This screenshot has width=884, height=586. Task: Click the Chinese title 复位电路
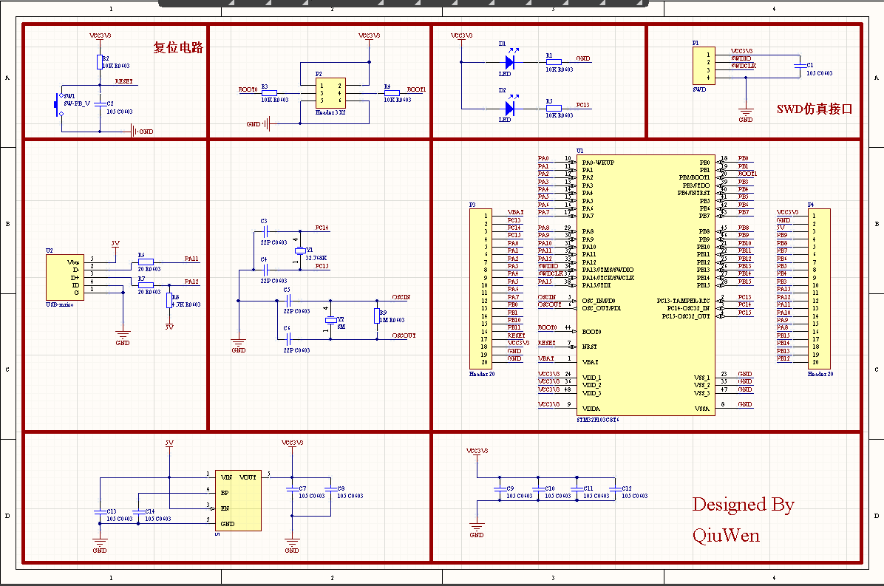[x=178, y=48]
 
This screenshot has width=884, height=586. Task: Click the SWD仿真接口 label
[x=815, y=109]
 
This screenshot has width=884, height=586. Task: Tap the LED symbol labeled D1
[x=509, y=63]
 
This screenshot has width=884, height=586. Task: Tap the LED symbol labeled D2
[x=509, y=109]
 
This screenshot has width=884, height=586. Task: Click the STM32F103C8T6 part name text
[x=597, y=419]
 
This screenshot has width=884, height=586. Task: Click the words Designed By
[x=743, y=505]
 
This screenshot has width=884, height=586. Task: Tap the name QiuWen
[x=726, y=535]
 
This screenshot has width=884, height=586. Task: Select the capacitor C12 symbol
[x=613, y=489]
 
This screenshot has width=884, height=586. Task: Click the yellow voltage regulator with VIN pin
[x=239, y=500]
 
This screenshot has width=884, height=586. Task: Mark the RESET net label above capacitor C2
[x=123, y=81]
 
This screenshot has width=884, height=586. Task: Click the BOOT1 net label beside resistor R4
[x=416, y=89]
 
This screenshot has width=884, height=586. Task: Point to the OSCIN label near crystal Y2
[x=401, y=297]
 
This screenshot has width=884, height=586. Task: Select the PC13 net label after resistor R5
[x=582, y=105]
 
